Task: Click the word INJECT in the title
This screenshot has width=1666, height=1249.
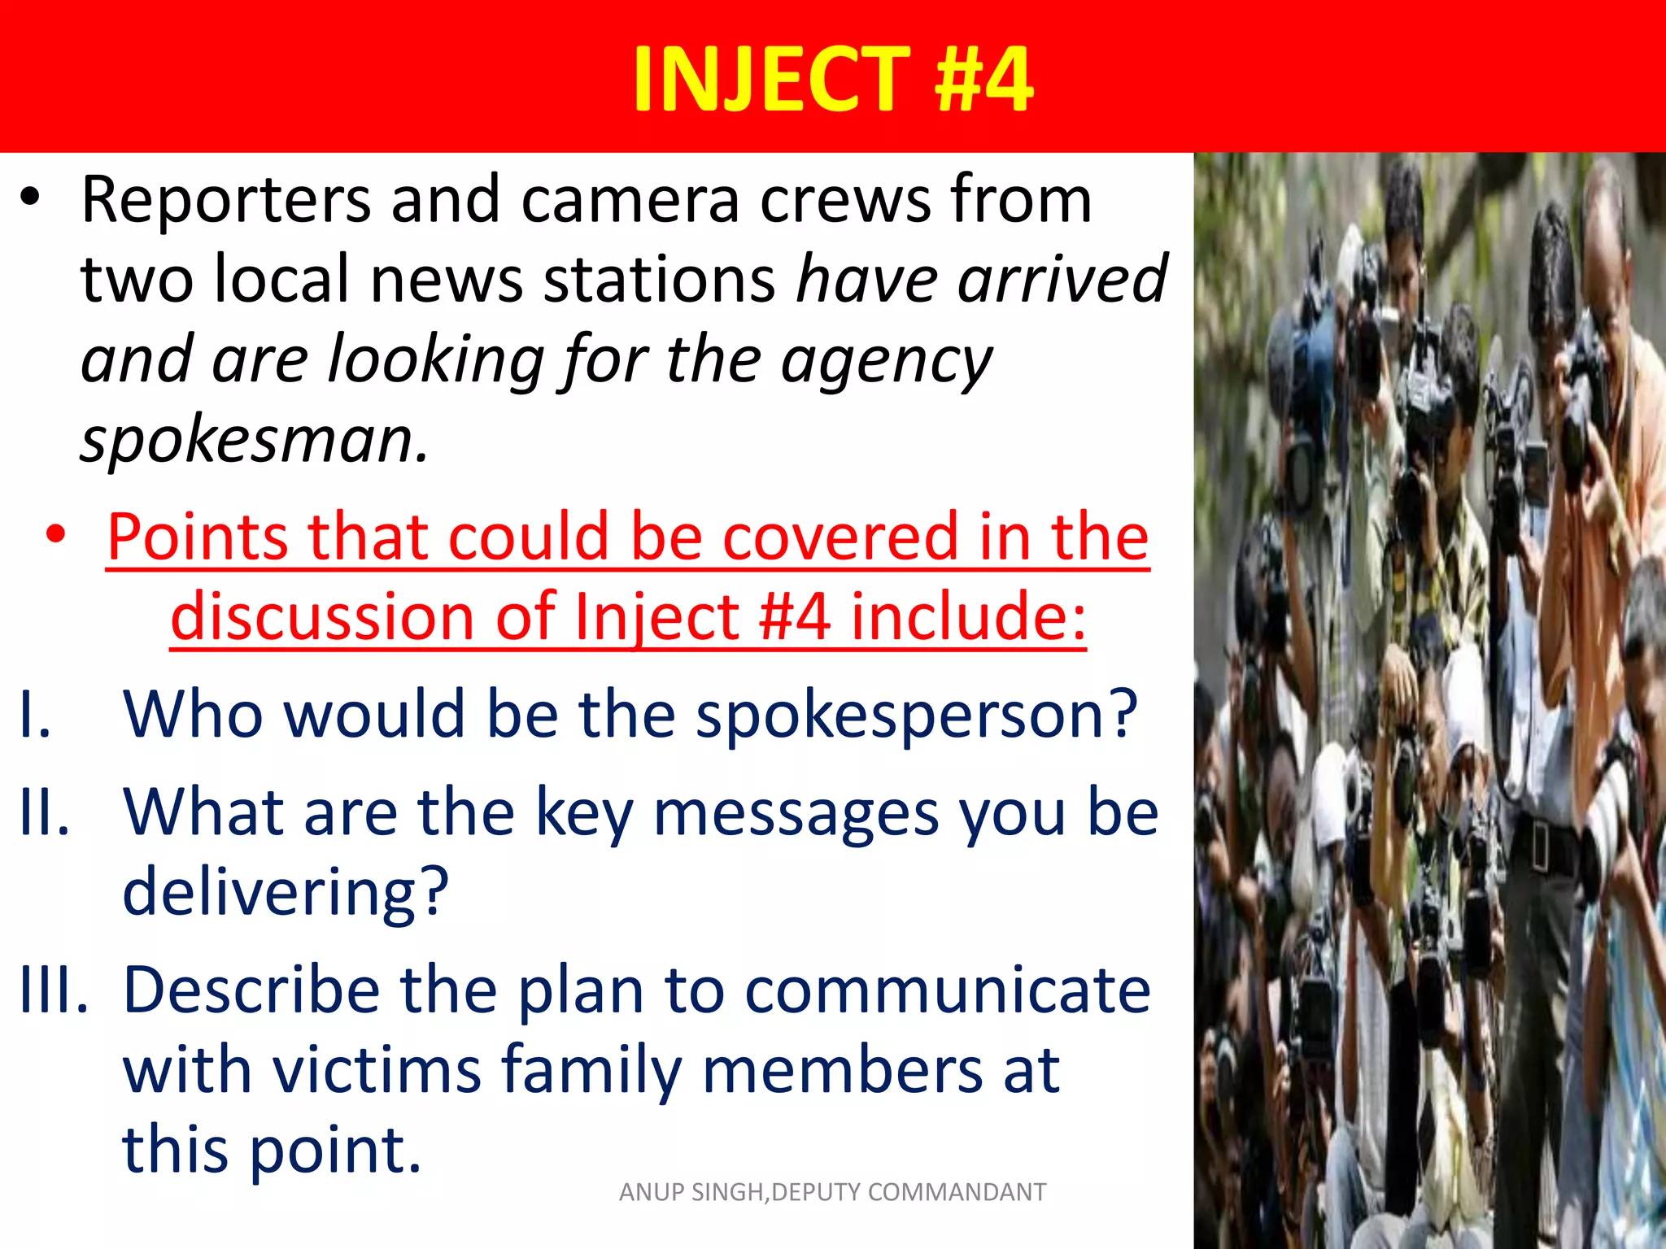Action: click(771, 79)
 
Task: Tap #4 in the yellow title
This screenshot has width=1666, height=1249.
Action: click(983, 79)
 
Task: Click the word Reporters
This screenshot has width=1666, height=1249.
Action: click(225, 200)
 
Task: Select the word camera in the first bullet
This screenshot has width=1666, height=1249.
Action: click(630, 200)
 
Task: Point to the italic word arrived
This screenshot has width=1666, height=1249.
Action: click(1062, 280)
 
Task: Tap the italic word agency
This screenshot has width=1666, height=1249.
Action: click(887, 360)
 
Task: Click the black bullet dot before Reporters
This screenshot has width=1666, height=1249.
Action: click(30, 200)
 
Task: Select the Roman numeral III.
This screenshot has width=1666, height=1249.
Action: click(53, 990)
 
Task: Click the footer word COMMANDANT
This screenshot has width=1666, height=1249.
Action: click(957, 1192)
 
